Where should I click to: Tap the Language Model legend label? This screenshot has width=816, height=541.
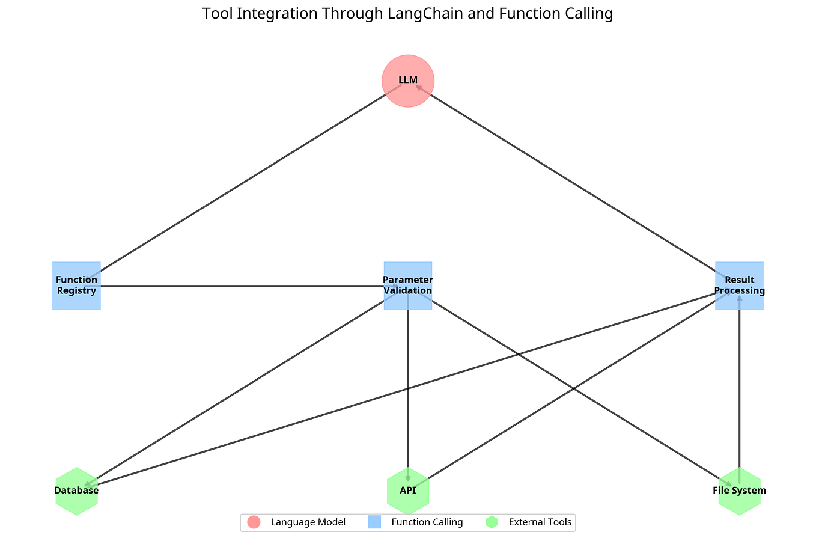coord(308,522)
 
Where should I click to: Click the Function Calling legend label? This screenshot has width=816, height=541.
coord(427,522)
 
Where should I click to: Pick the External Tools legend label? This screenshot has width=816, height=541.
coord(540,522)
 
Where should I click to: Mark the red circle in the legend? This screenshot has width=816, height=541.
coord(254,522)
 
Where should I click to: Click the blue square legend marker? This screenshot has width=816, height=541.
coord(373,522)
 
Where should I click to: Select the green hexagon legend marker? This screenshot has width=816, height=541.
coord(492,522)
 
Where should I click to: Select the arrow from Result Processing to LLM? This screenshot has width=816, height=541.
coord(571,180)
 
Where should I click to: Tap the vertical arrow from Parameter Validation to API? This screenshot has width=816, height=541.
coord(408,391)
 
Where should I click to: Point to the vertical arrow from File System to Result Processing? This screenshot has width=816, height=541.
coord(739,391)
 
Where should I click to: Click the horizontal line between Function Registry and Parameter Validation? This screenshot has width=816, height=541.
coord(240,286)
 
